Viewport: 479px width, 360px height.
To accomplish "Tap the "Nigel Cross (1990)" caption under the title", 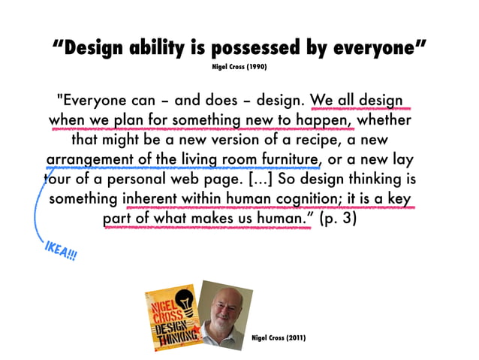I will (239, 67).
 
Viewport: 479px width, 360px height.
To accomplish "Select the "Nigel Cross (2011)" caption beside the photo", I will (278, 337).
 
